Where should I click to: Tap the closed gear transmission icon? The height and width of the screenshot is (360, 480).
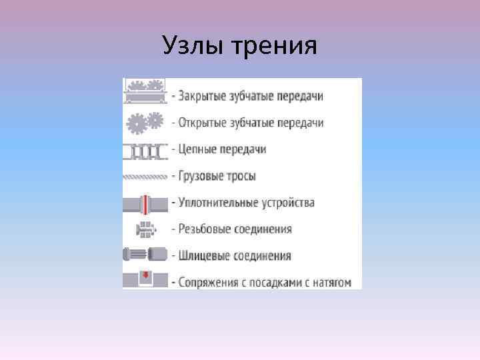point(145,91)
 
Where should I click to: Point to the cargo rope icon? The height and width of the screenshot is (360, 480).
point(145,177)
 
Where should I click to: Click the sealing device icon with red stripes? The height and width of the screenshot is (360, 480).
point(145,203)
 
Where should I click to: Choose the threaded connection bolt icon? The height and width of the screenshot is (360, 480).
point(145,229)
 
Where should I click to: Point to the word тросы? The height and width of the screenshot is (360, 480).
point(240,177)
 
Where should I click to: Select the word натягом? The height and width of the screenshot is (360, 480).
point(331,282)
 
